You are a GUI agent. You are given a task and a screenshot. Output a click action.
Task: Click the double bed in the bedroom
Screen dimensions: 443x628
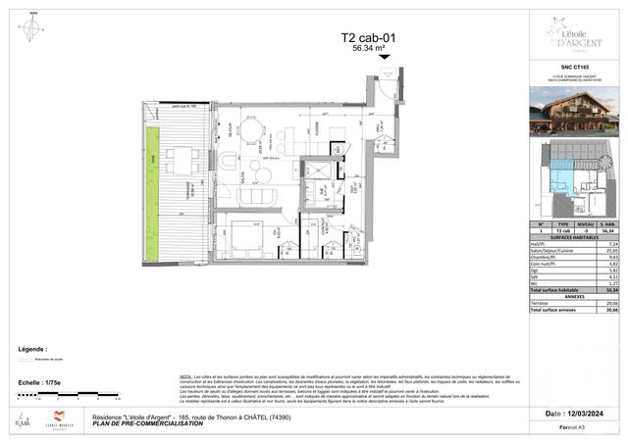(x=243, y=239)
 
